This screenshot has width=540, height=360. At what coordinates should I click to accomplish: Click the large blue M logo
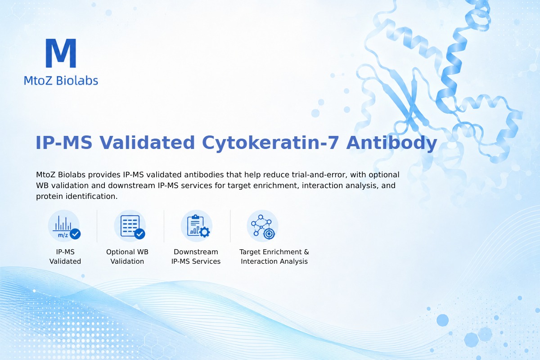pos(61,53)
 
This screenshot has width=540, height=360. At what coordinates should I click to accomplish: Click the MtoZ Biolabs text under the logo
pos(61,81)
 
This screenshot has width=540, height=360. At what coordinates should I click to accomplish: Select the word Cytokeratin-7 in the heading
pos(270,143)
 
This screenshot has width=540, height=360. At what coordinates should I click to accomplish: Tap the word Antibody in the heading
pos(391,143)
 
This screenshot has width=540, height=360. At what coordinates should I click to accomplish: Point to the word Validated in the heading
pos(147,143)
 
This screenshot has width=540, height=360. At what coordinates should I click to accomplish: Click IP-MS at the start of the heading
pos(64,143)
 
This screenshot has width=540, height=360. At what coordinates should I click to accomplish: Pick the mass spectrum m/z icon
pos(64,226)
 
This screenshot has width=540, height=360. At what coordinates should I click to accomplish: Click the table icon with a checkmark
pos(130,226)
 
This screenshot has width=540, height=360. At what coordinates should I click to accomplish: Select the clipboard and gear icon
pos(197,226)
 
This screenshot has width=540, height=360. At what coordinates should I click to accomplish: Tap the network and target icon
pos(262,226)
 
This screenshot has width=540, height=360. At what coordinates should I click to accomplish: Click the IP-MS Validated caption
pos(65,256)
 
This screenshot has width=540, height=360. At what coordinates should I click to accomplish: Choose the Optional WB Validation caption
pos(127,256)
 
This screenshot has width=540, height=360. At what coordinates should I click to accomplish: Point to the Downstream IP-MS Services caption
pos(196,256)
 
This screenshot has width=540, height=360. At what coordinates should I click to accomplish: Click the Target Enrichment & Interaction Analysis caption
pos(274,256)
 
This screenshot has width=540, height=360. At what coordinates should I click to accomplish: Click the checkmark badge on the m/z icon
pos(75,234)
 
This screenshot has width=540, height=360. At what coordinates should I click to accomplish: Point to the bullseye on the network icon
pos(269,234)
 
